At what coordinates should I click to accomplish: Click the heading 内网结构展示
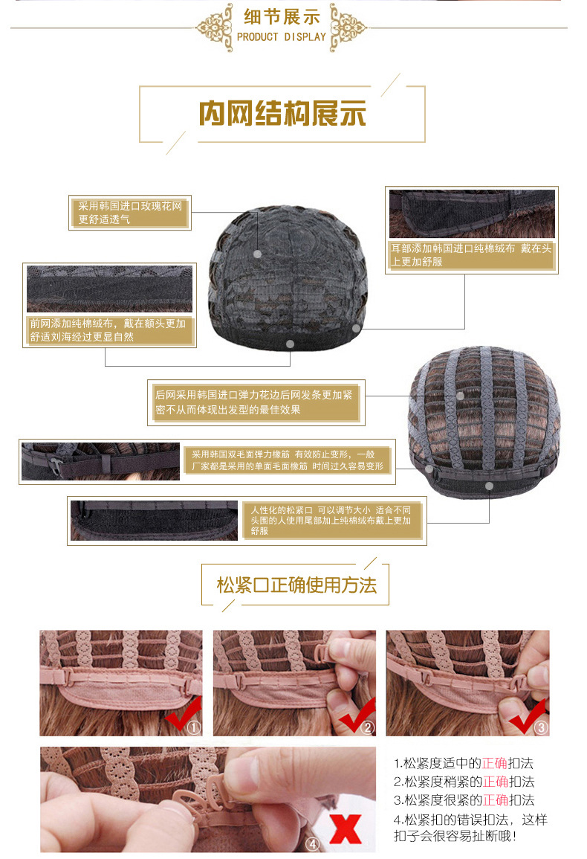[x=282, y=114]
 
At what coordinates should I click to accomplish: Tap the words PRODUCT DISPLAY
[x=282, y=36]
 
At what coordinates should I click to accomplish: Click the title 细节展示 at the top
[x=282, y=16]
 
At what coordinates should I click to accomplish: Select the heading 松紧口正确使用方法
[x=296, y=585]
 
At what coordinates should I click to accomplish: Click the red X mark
[x=345, y=829]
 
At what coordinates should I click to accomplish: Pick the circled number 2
[x=367, y=728]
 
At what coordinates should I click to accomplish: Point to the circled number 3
[x=541, y=728]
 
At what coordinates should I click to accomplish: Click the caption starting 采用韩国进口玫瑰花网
[x=131, y=213]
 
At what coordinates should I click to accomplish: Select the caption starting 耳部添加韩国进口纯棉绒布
[x=472, y=255]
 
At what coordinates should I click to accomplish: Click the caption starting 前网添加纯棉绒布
[x=108, y=330]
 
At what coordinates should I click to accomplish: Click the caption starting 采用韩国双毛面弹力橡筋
[x=288, y=460]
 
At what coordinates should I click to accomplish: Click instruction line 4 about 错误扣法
[x=472, y=828]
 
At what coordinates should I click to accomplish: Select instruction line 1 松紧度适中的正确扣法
[x=464, y=764]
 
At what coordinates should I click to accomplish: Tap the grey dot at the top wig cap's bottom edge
[x=290, y=344]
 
